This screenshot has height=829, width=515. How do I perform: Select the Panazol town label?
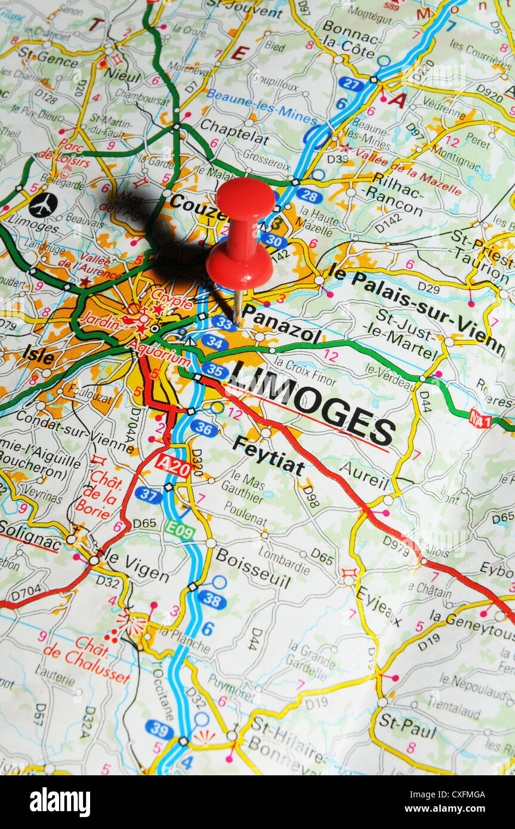(x=281, y=325)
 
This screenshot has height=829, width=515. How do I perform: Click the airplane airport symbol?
(x=43, y=205)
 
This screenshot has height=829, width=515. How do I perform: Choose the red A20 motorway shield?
(x=173, y=465)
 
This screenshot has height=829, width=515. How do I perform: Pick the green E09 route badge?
(x=180, y=530)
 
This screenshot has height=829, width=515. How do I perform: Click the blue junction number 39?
(x=159, y=729)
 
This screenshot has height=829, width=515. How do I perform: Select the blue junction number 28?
(x=309, y=196)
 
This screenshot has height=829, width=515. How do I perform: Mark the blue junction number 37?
(x=148, y=494)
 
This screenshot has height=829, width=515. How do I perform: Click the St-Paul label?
(x=408, y=725)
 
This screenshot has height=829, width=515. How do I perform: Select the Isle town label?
(x=39, y=355)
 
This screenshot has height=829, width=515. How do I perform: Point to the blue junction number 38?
(x=212, y=599)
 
